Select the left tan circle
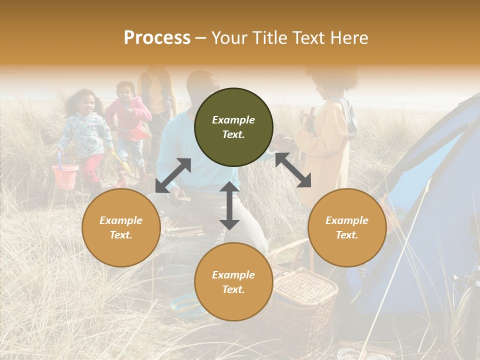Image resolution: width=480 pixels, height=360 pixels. coord(121,227)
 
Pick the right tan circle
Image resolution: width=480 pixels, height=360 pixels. coord(347,227)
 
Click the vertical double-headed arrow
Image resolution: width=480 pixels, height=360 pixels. coord(229,205)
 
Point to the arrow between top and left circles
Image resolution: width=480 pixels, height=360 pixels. coord(173,175)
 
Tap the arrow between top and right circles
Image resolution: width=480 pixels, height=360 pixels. coord(293,170)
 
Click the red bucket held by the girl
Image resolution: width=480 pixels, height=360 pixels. coord(65,176)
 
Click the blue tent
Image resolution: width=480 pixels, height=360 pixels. coord(425,210)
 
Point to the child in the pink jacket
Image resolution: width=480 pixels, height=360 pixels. coord(127,120)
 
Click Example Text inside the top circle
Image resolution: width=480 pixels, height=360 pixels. coord(233,127)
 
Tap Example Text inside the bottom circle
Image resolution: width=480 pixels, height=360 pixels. coord(233,282)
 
